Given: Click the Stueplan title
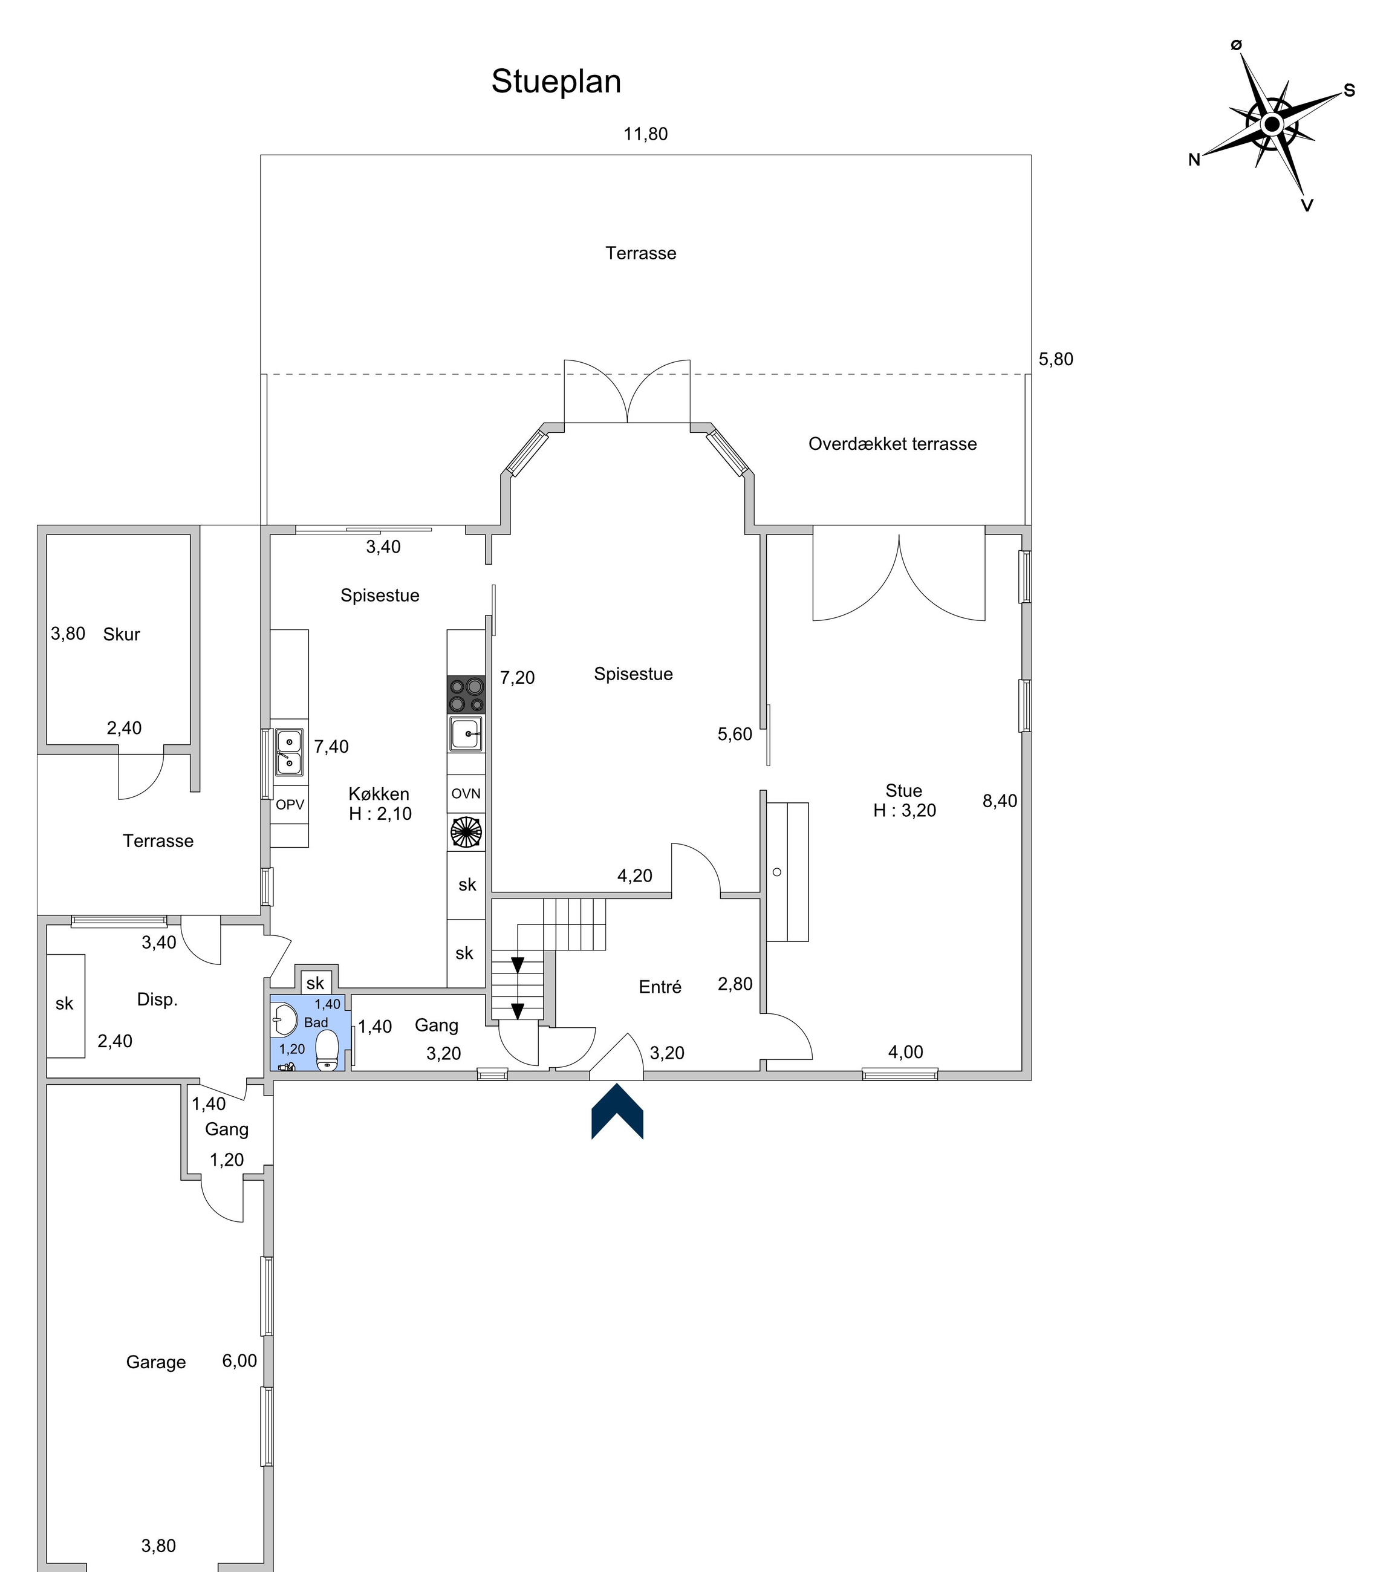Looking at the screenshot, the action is tap(556, 82).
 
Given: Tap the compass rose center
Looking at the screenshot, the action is tap(1271, 124).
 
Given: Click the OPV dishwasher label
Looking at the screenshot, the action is tap(290, 805).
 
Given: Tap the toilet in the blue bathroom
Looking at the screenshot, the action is tap(328, 1050).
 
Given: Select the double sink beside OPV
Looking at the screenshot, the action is tap(289, 752).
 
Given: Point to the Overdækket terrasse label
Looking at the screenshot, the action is tap(892, 444).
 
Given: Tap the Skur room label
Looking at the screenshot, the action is tap(122, 634).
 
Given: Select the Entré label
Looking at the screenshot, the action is tap(660, 987).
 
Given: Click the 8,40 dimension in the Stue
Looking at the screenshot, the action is tap(1000, 801).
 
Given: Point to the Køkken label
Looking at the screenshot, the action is tap(379, 794).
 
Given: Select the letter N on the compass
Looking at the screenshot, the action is tap(1194, 160).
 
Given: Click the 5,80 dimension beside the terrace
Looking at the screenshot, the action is tap(1056, 359).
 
